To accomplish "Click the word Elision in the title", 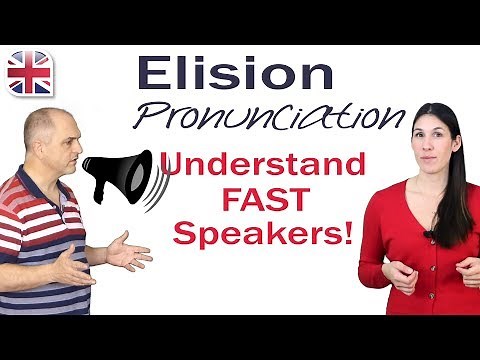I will tap(235, 76).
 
